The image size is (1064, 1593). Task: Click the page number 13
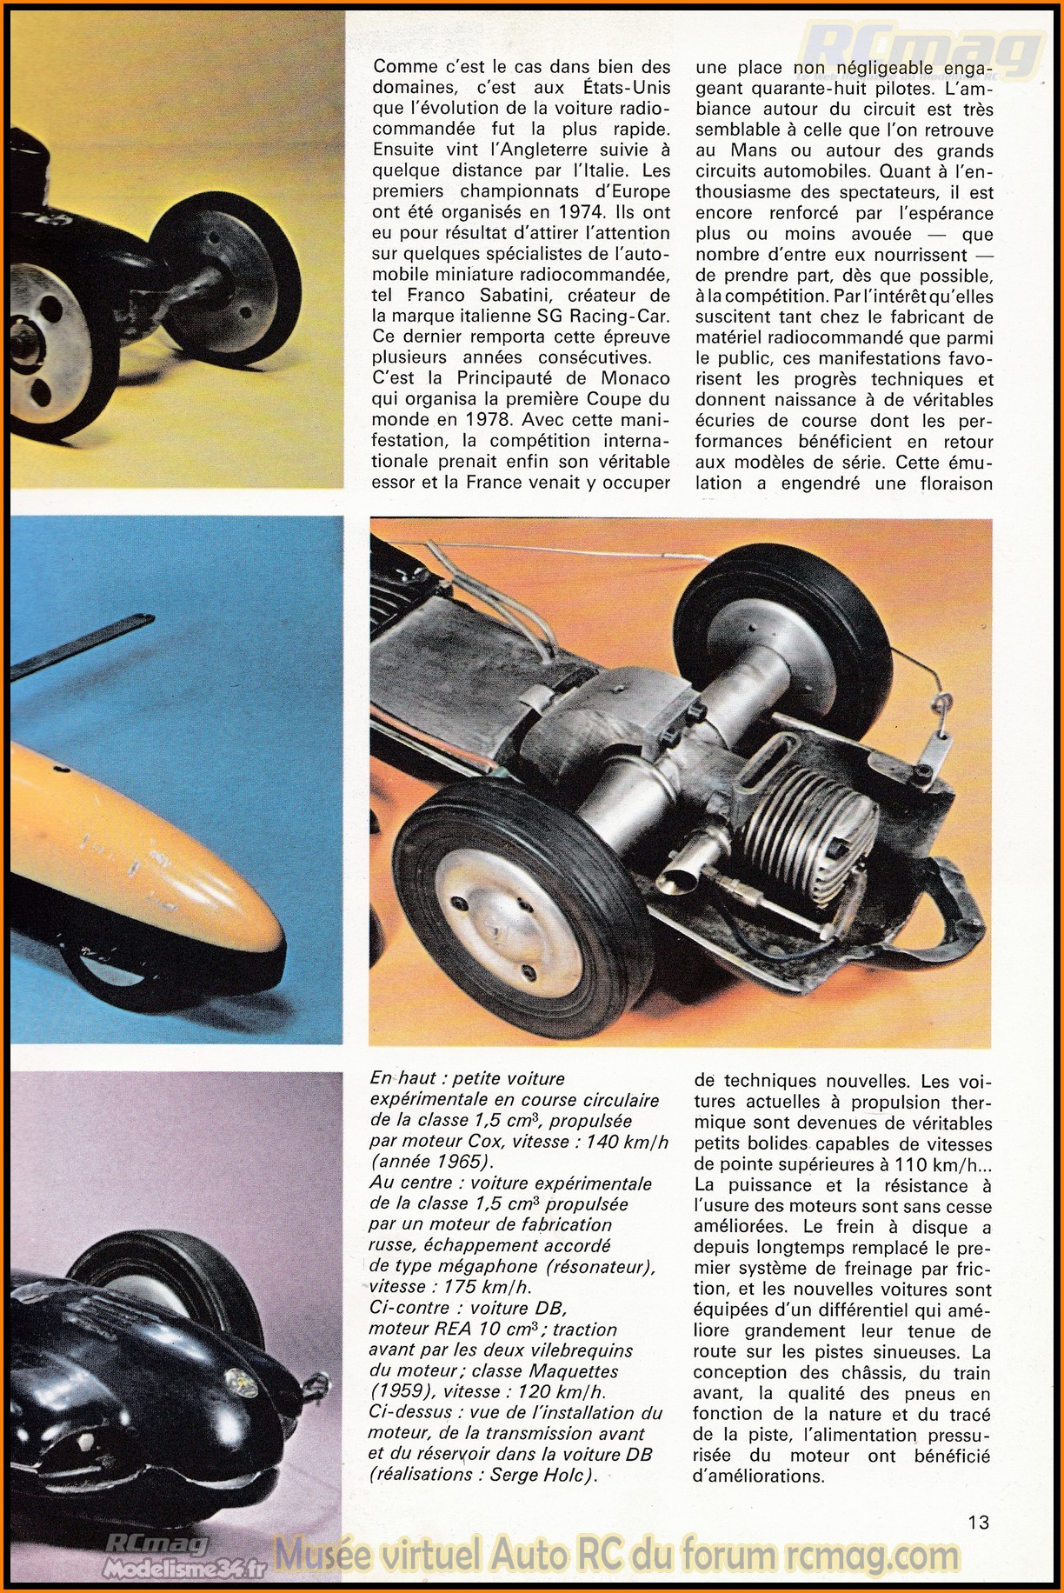point(978,1522)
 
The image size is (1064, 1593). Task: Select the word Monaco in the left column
point(635,378)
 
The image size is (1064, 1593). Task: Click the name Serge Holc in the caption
point(540,1475)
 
